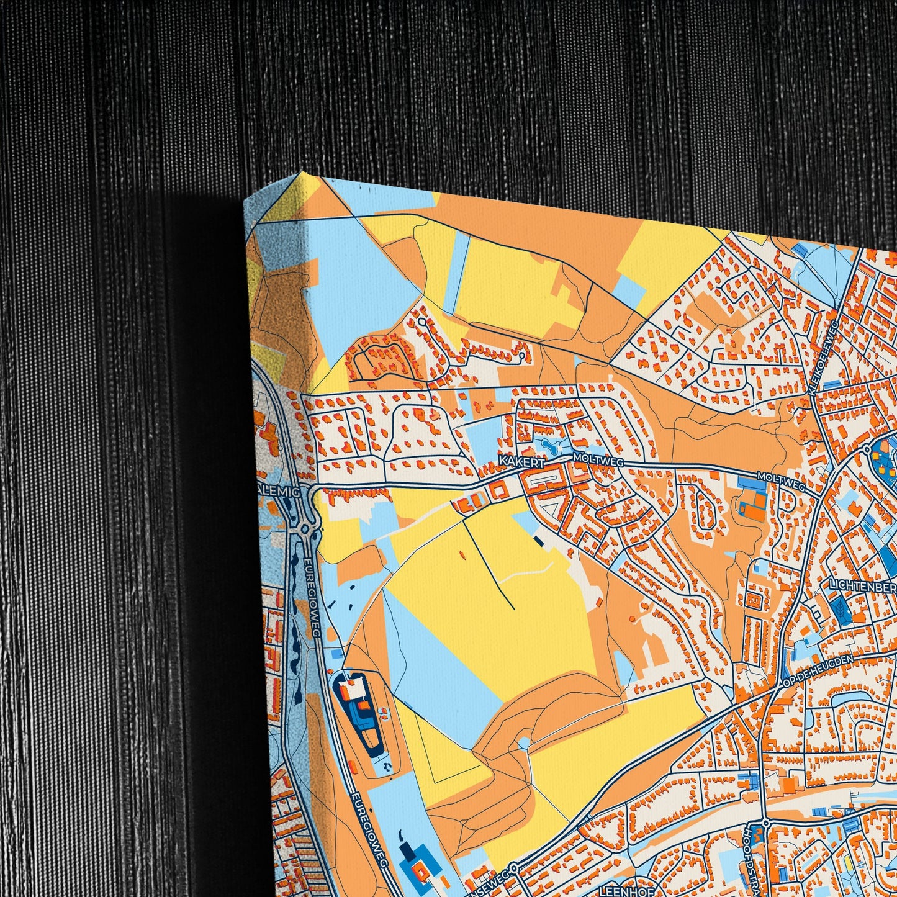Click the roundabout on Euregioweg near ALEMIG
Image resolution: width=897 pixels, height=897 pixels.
(x=305, y=530)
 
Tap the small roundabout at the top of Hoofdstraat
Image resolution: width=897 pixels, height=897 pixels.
(x=765, y=823)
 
